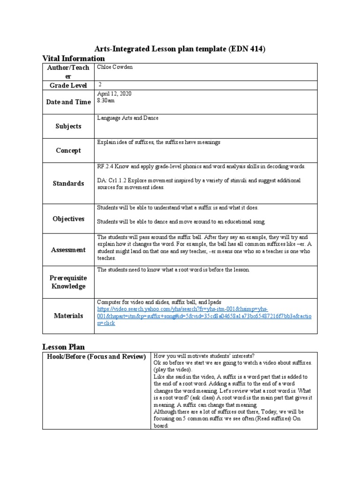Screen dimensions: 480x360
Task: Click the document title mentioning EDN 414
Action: tap(180, 49)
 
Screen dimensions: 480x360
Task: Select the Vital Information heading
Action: tap(74, 59)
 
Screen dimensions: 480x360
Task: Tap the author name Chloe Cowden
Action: tap(115, 67)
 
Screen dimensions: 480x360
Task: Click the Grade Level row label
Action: tap(68, 85)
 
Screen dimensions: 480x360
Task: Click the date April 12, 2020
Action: tap(114, 94)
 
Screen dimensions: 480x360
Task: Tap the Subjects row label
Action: tap(68, 126)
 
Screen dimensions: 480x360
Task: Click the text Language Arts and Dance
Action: tap(127, 118)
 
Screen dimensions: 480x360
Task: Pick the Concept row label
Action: tap(68, 150)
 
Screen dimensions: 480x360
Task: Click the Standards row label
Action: tap(68, 183)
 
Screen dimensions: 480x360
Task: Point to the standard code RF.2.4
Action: tap(106, 167)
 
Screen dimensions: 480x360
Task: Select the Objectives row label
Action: tap(68, 219)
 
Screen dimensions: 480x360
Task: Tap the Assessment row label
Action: tap(68, 250)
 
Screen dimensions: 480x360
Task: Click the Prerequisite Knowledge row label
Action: tap(68, 282)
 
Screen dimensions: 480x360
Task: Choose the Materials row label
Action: tap(68, 316)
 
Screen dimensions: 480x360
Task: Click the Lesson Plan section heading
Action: tap(64, 347)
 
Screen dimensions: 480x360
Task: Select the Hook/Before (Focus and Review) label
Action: tap(96, 357)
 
